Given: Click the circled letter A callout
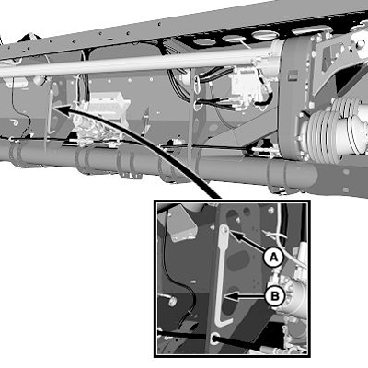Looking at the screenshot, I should pyautogui.click(x=272, y=259).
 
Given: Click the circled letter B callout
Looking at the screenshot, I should pyautogui.click(x=272, y=295).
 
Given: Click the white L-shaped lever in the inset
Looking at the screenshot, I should pyautogui.click(x=222, y=276).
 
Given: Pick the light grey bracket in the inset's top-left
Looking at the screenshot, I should pyautogui.click(x=179, y=221).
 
